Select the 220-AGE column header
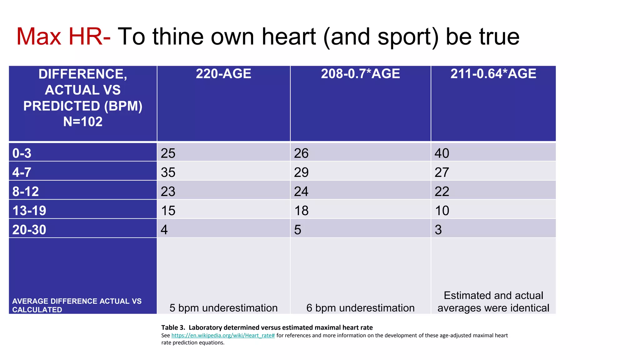pos(223,74)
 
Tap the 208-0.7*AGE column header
pos(360,74)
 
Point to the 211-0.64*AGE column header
pos(493,74)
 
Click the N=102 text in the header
pos(83,122)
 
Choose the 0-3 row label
pos(22,153)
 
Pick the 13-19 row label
pos(29,211)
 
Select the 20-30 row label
pos(29,230)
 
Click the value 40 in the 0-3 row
pos(442,153)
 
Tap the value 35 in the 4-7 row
pos(168,172)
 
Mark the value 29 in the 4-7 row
pos(301,172)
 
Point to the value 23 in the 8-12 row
pos(168,191)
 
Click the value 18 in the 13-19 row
pos(301,211)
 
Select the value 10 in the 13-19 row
pos(442,211)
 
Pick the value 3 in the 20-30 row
pos(438,230)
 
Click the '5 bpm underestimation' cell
pos(223,308)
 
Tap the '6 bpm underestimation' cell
pos(360,308)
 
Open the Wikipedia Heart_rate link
pos(223,335)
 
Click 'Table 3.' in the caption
pos(173,327)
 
